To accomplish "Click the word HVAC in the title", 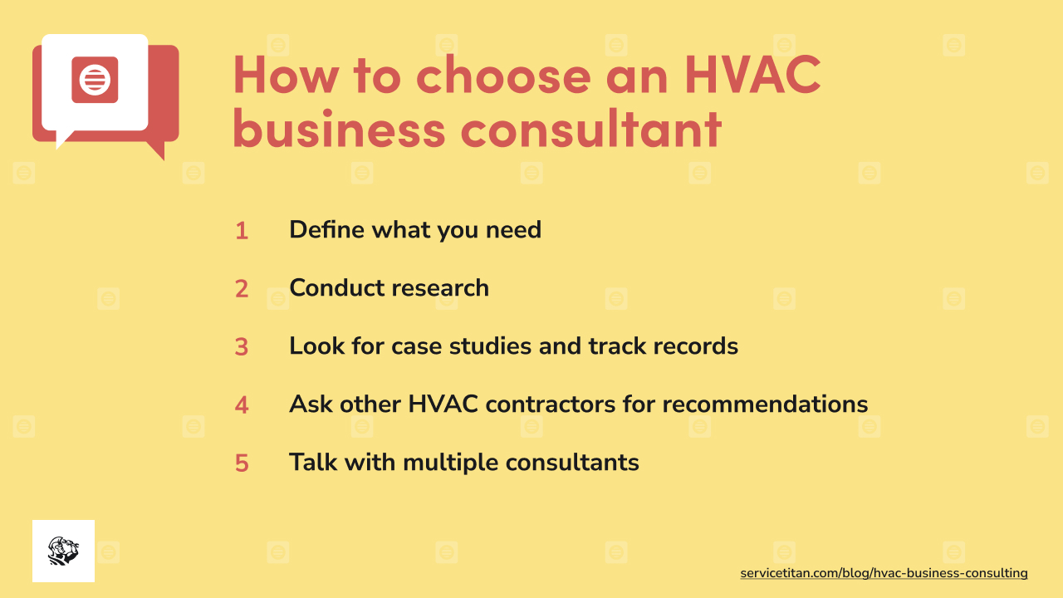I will (752, 75).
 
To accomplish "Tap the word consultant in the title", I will (591, 130).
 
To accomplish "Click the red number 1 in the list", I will (242, 231).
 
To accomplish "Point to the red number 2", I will (242, 289).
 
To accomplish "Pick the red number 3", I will (242, 347).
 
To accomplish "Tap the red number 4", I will (242, 405).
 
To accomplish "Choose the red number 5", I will (242, 463).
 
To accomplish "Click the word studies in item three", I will (492, 346).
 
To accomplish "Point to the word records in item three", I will (693, 346).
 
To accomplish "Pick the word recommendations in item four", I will (765, 404).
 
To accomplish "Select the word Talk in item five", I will (311, 462).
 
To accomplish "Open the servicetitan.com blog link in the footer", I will (884, 573).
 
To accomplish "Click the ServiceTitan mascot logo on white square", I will (63, 551).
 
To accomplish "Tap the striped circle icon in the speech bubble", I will (95, 80).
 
